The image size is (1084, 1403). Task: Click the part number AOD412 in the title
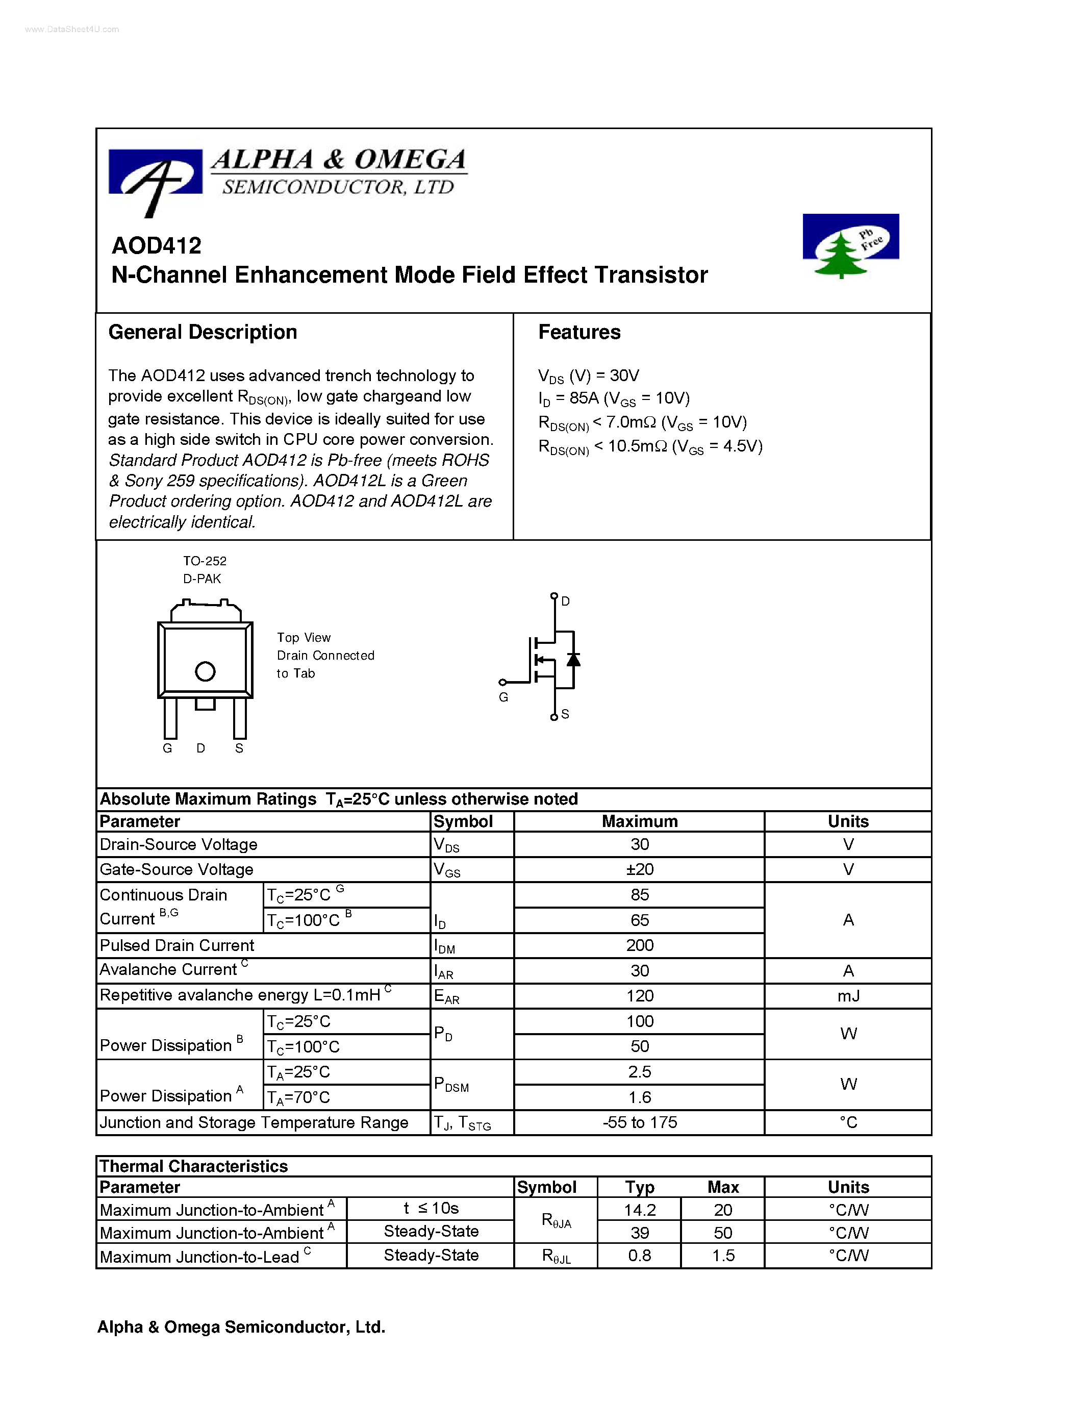click(x=156, y=245)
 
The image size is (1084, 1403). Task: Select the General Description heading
click(x=203, y=332)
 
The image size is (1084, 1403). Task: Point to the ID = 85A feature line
click(x=613, y=399)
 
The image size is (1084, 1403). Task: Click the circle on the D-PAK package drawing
click(x=205, y=671)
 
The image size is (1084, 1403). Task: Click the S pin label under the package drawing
click(x=239, y=748)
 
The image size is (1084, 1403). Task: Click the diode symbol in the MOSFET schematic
click(x=573, y=660)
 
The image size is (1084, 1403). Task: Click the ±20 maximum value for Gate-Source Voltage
click(x=639, y=869)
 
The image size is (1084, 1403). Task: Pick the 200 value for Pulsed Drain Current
click(x=639, y=945)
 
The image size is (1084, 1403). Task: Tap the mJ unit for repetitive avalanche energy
click(x=848, y=996)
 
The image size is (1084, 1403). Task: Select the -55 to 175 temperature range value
click(x=639, y=1122)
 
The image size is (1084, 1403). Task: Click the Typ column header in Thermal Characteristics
click(x=639, y=1187)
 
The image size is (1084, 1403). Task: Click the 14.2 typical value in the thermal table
click(x=639, y=1210)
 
